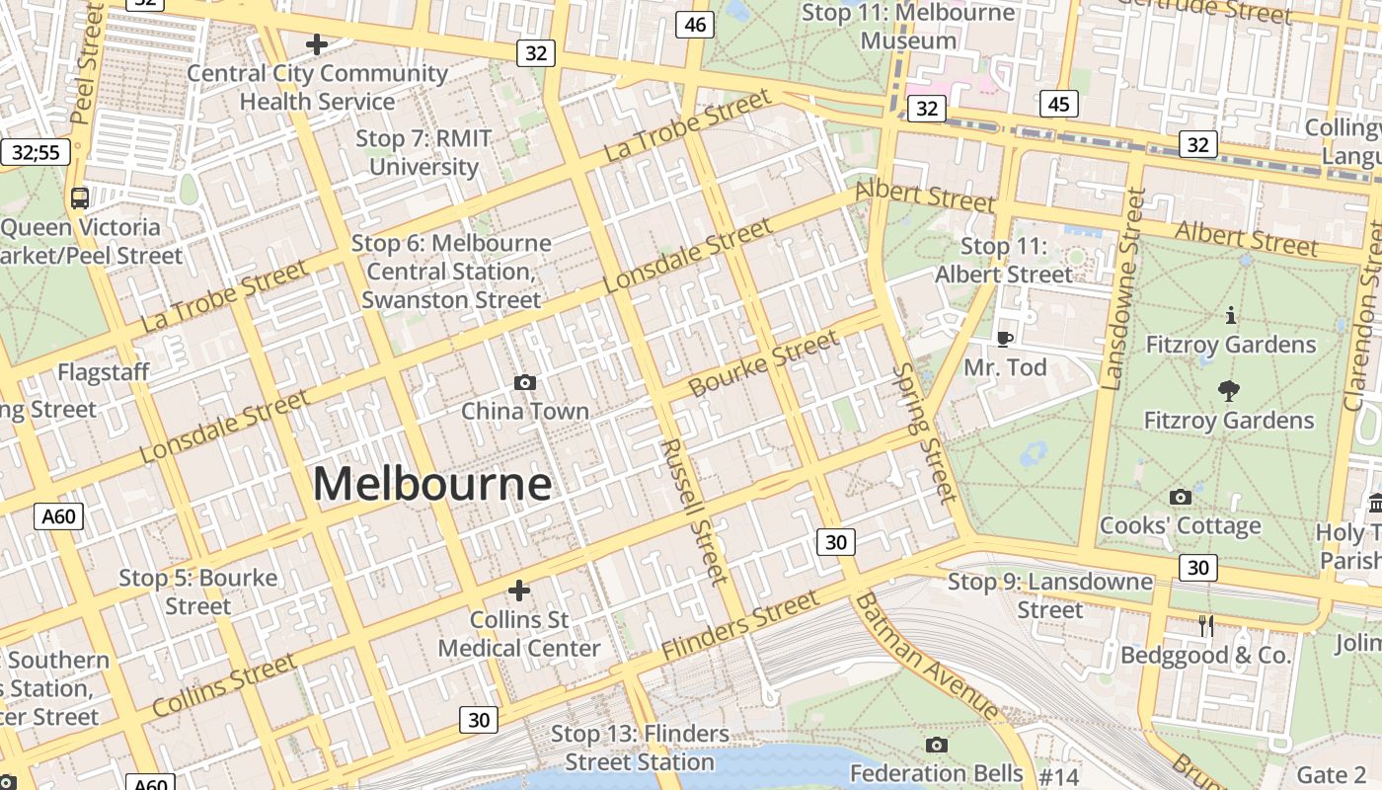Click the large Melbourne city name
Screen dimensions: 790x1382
click(x=431, y=484)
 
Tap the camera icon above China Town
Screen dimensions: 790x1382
click(x=525, y=382)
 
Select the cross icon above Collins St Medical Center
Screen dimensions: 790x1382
click(x=518, y=591)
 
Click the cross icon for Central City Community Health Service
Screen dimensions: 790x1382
click(x=317, y=44)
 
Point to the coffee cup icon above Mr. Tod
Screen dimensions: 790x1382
click(x=1005, y=339)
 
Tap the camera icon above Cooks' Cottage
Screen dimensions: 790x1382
click(x=1180, y=497)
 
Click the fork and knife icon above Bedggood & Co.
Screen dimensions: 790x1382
click(x=1205, y=625)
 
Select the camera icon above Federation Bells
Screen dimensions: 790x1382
click(x=936, y=745)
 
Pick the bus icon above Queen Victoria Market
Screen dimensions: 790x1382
click(x=80, y=197)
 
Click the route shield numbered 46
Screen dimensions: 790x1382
click(x=695, y=25)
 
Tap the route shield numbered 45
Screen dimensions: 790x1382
click(x=1058, y=104)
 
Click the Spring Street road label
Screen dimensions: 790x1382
click(x=925, y=433)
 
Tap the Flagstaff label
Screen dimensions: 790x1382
click(x=103, y=372)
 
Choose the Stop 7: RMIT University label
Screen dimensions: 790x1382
click(x=423, y=152)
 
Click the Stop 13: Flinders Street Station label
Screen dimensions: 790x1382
click(x=640, y=748)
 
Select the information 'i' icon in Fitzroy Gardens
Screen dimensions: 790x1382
click(x=1230, y=316)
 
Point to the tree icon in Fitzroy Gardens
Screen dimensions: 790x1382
click(x=1229, y=390)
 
